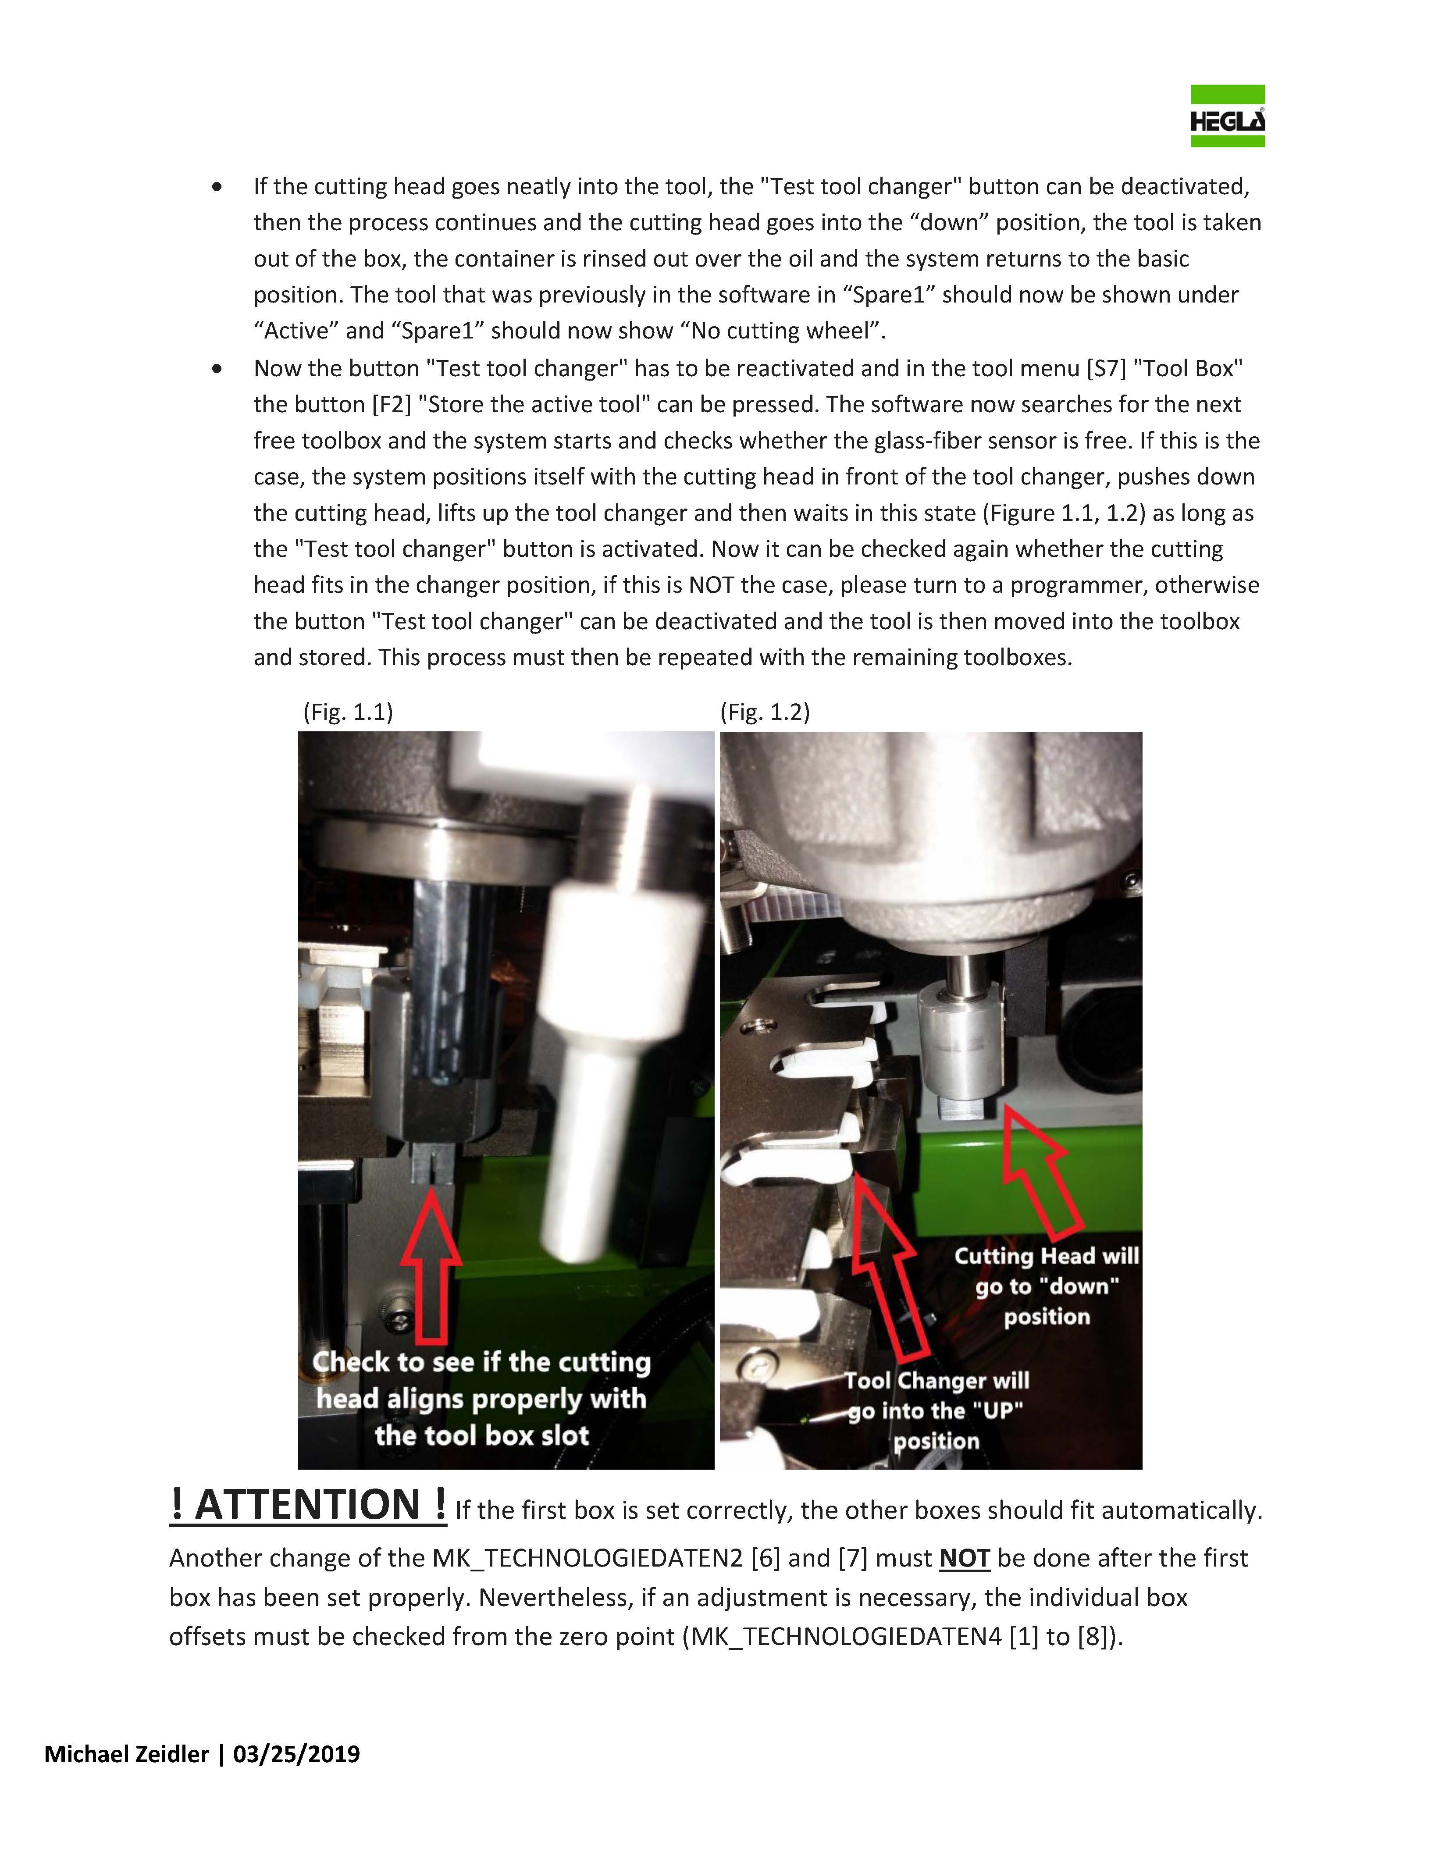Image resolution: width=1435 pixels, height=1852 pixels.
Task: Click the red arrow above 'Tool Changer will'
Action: (x=886, y=1264)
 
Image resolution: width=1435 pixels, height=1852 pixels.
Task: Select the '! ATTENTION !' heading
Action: (x=308, y=1505)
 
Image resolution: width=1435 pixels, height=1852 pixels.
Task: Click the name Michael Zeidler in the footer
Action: (x=125, y=1754)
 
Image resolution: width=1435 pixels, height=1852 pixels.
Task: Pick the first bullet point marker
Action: (x=218, y=186)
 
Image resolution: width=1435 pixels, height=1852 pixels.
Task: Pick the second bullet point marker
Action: (x=218, y=369)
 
